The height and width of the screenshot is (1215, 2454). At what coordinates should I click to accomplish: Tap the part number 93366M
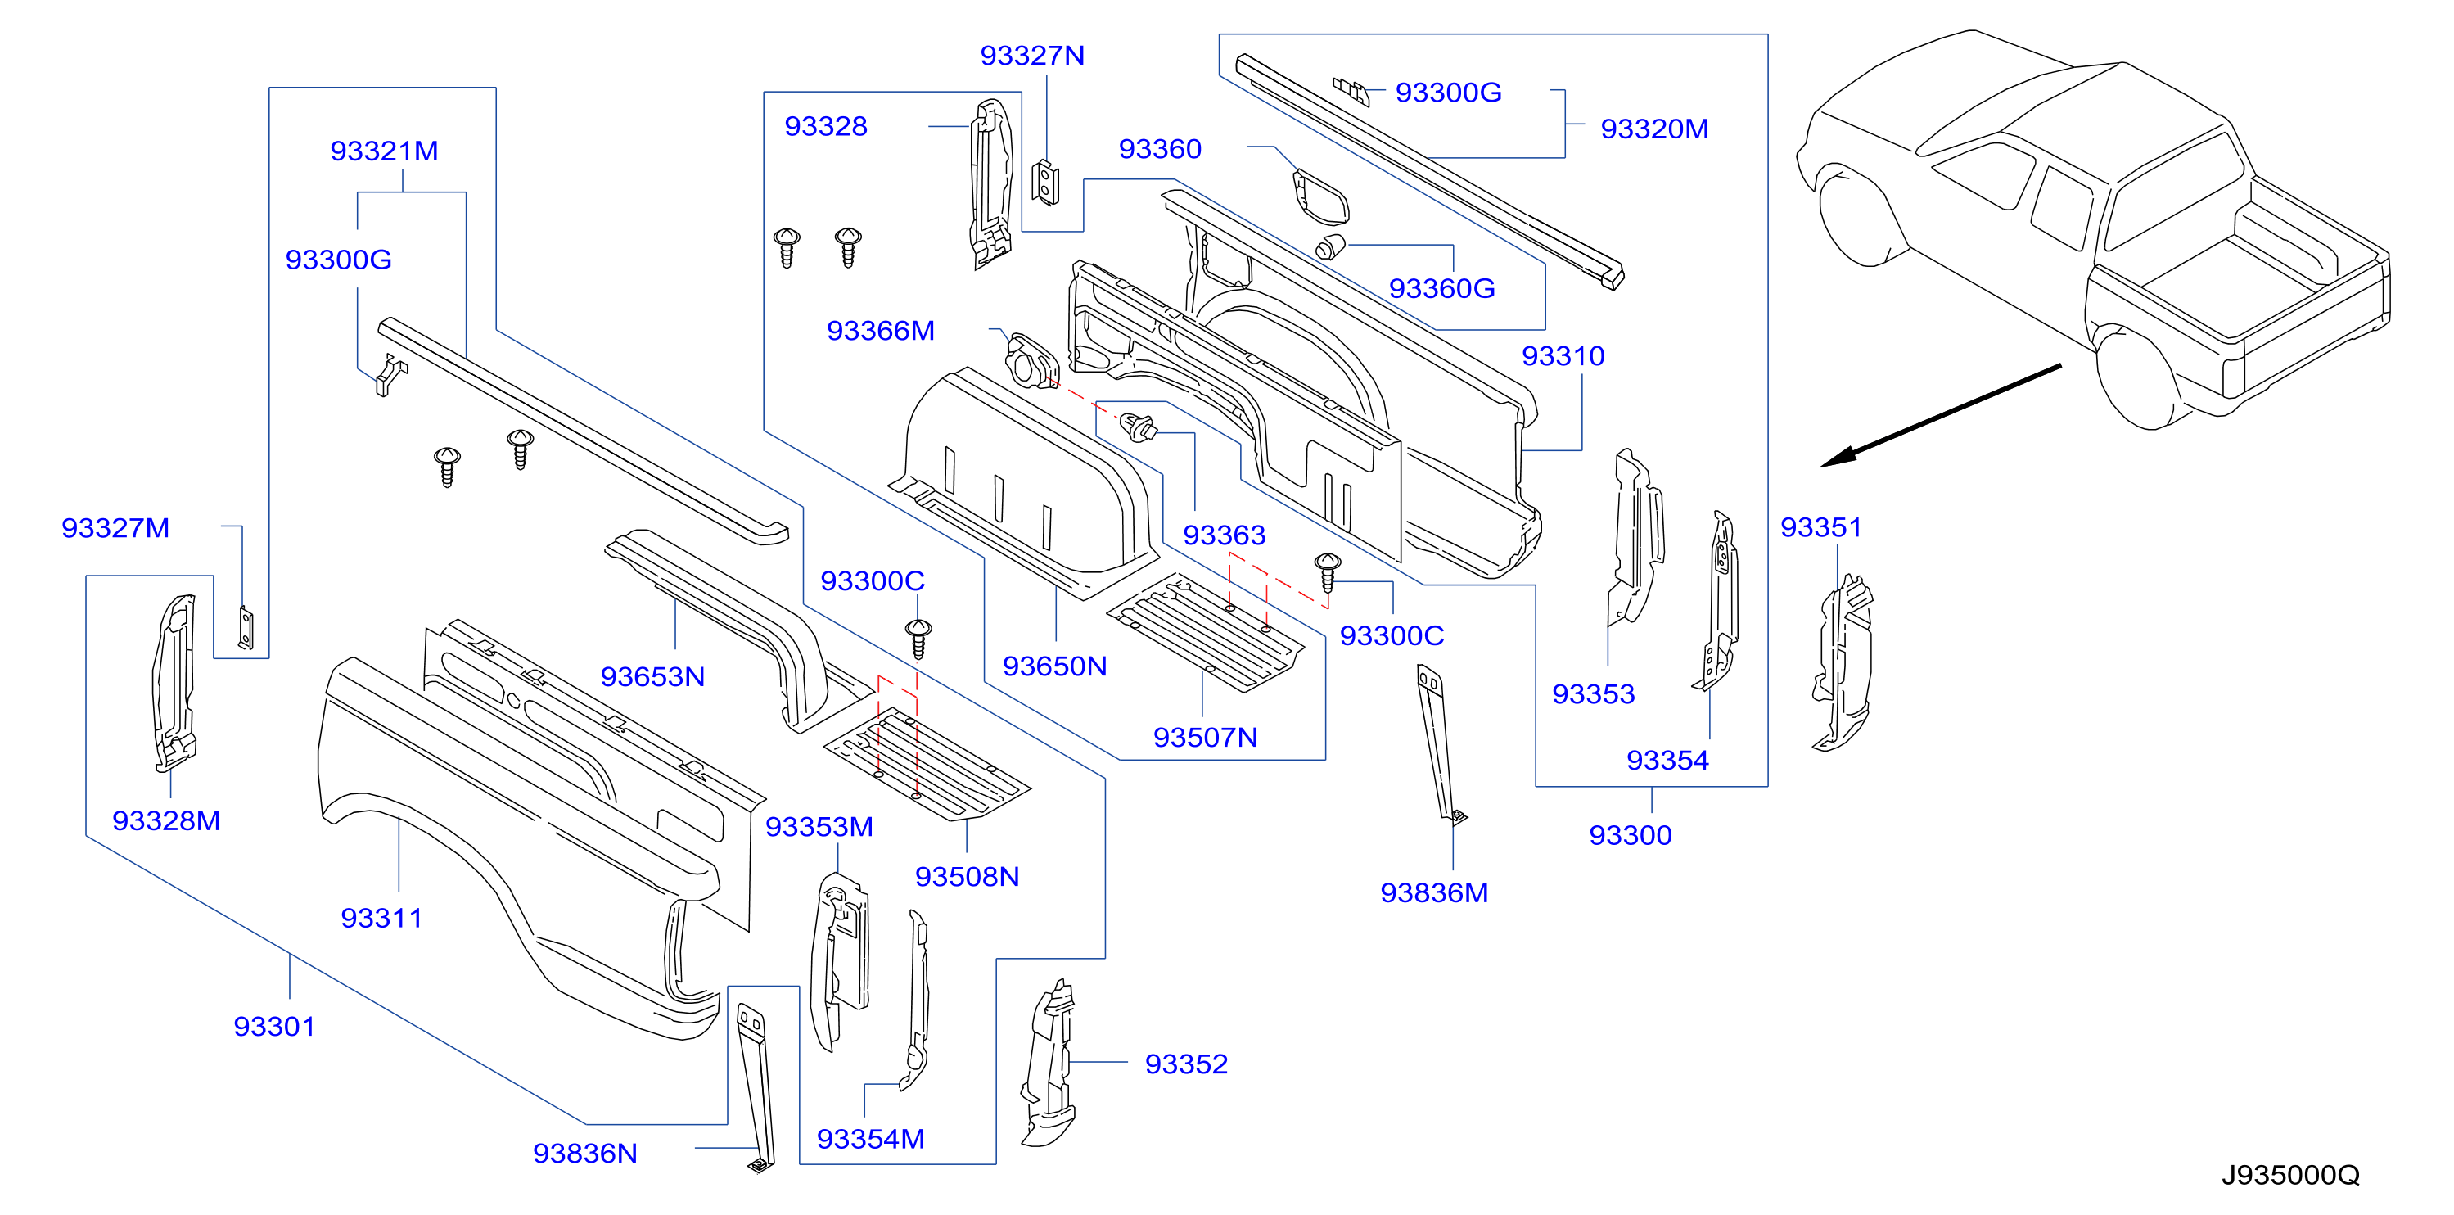point(880,331)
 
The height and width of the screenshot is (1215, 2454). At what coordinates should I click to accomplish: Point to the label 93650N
point(1054,666)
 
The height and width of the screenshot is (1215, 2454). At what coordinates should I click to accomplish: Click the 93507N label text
point(1205,738)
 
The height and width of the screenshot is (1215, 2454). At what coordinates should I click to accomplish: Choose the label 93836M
point(1434,893)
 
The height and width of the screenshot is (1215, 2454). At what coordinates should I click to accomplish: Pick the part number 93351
point(1820,527)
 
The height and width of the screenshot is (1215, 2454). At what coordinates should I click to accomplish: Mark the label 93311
point(381,918)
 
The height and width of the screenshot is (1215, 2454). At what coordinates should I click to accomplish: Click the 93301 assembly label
point(274,1027)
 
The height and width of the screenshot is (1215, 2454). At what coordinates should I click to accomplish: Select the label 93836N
point(585,1153)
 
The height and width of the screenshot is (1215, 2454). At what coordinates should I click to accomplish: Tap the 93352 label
point(1186,1064)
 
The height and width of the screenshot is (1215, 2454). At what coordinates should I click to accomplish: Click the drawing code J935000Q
point(2290,1175)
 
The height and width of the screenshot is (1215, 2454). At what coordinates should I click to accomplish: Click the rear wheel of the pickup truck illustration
point(2140,380)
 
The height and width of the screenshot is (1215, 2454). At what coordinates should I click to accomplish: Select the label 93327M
point(115,528)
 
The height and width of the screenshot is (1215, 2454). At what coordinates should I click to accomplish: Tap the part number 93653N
point(652,676)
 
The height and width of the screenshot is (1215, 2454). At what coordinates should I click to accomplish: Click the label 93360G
point(1441,288)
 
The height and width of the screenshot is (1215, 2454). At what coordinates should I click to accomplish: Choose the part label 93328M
point(166,820)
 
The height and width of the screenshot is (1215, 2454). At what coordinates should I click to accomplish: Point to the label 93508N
point(967,877)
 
